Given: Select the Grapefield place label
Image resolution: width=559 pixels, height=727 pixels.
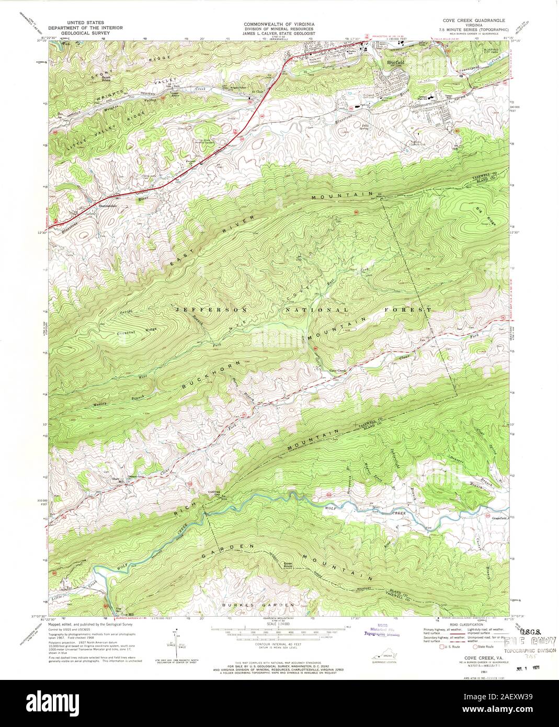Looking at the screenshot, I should point(500,518).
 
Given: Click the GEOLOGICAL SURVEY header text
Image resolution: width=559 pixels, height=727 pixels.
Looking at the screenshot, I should point(79,32).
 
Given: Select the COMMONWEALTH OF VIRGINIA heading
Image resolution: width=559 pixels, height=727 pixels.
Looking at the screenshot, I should point(277,24).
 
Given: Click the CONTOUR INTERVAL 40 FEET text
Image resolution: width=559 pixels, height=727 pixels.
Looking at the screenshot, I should point(278,646).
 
